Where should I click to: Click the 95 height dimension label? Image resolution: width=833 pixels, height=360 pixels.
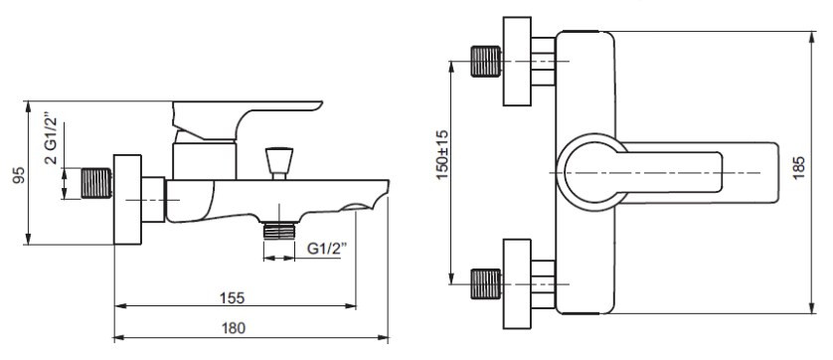point(19,175)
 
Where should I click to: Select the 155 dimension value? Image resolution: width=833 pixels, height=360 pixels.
point(233,297)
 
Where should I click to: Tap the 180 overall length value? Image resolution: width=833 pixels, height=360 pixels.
point(234,328)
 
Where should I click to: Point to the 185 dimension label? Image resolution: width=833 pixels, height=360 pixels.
point(798,167)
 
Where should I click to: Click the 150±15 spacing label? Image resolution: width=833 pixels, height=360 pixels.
point(442,155)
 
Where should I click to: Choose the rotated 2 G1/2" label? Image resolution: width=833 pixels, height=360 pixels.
point(51,138)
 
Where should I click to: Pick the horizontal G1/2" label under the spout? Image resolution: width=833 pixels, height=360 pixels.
point(327,249)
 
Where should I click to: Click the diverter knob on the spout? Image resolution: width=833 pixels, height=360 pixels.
point(279,163)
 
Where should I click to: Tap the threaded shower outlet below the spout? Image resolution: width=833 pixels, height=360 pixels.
point(279,231)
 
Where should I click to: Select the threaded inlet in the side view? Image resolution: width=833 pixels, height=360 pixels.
point(96,183)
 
